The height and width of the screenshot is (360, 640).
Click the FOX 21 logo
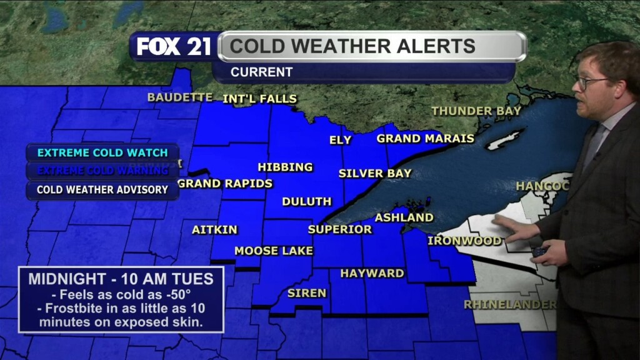(174, 47)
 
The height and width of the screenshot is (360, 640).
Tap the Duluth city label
(306, 201)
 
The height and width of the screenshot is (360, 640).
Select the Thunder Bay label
(476, 111)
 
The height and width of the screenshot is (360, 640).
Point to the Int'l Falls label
(259, 99)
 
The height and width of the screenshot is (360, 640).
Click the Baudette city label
(180, 97)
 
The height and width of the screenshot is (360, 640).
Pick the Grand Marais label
(425, 138)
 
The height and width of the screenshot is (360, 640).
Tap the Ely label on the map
(341, 140)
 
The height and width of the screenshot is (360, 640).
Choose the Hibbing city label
(285, 167)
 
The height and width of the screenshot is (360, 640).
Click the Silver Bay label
(375, 173)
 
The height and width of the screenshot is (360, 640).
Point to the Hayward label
(372, 273)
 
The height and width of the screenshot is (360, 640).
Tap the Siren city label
(306, 292)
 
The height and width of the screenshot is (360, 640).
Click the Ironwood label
(464, 241)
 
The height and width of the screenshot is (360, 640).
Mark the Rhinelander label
(509, 304)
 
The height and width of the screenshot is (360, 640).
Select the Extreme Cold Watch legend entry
(102, 152)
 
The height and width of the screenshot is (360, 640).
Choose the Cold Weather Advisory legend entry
(102, 189)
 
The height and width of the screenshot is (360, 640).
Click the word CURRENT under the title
(261, 72)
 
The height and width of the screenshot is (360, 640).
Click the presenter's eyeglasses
(591, 82)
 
